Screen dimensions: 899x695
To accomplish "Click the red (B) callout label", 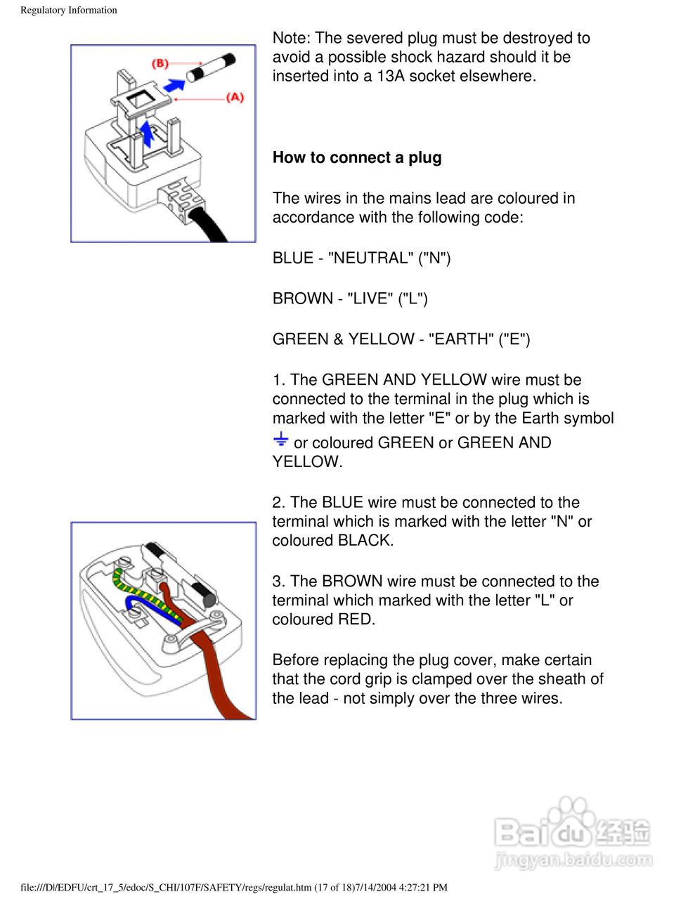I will click(160, 63).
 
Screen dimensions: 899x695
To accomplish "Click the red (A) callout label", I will click(235, 97).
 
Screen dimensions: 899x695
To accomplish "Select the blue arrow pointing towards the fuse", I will click(174, 85).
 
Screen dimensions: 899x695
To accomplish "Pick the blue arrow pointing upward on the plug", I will click(147, 133).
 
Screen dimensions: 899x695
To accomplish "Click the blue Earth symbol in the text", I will click(280, 440).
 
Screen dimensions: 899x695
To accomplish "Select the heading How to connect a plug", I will click(357, 157).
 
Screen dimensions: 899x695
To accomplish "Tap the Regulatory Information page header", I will click(69, 10).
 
